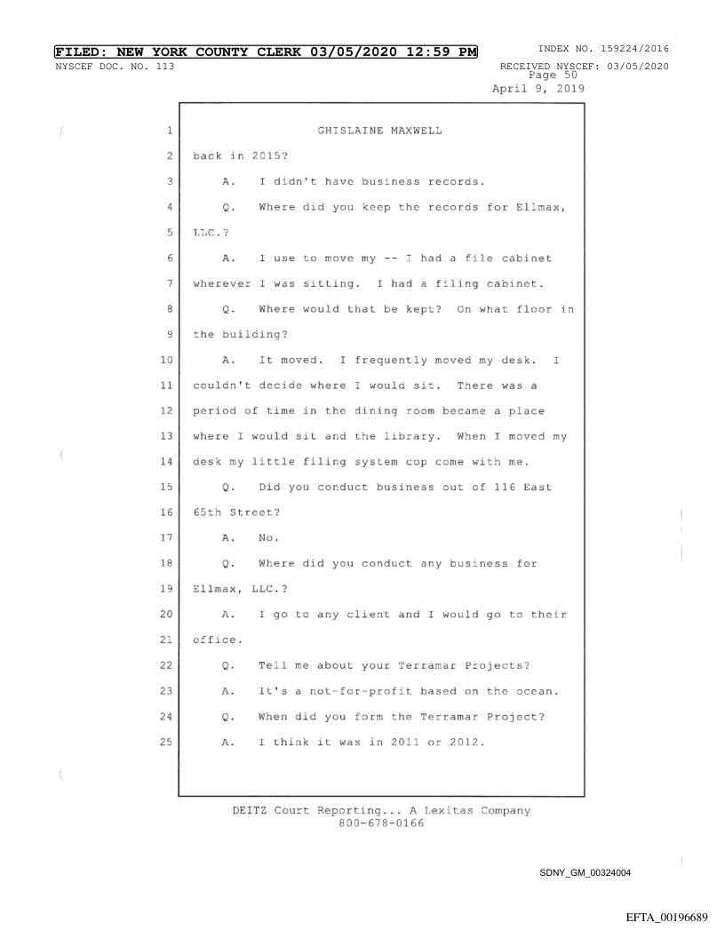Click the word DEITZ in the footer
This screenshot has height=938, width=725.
pyautogui.click(x=227, y=810)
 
